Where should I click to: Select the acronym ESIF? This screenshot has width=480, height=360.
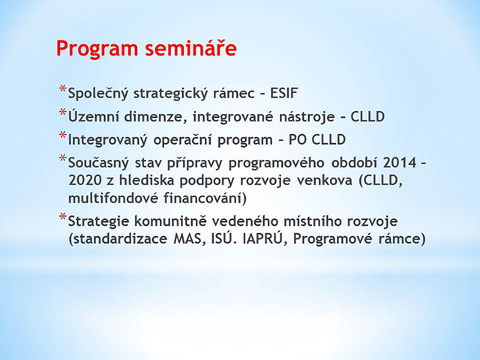[x=283, y=93]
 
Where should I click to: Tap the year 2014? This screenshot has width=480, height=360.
[x=400, y=163]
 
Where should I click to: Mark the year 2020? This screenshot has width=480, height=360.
[x=85, y=181]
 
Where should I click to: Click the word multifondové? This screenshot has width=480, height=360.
[x=113, y=198]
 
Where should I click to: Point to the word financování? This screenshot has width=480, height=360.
[x=205, y=198]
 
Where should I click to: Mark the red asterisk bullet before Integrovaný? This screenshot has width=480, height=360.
[x=63, y=136]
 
